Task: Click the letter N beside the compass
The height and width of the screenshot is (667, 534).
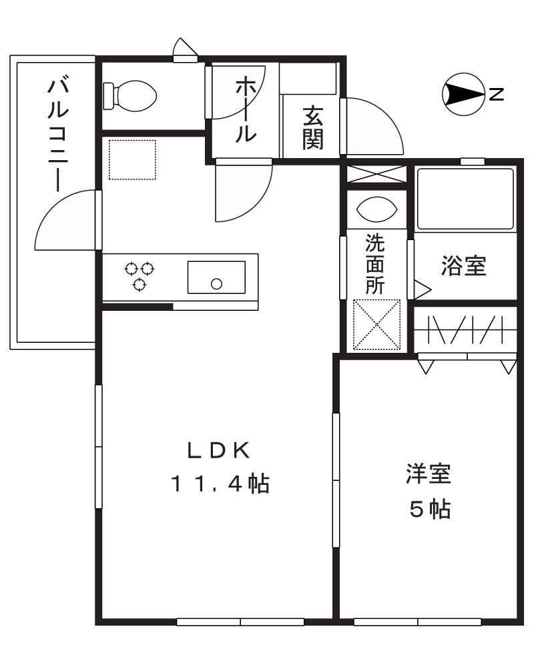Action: tap(495, 95)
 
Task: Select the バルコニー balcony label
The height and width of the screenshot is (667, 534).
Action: tap(59, 133)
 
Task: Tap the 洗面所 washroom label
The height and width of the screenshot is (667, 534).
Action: tap(374, 263)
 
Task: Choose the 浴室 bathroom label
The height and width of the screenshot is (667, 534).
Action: tap(463, 266)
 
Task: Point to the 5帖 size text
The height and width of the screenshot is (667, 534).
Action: tap(429, 510)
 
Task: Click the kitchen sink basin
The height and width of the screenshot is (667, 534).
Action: tap(216, 277)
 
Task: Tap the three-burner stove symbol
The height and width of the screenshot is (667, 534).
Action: tap(140, 275)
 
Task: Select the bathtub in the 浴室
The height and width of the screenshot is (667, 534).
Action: tap(465, 199)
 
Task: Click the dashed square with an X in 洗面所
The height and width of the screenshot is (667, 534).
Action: tap(376, 325)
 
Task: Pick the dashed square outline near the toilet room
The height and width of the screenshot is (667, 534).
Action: tap(131, 159)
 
